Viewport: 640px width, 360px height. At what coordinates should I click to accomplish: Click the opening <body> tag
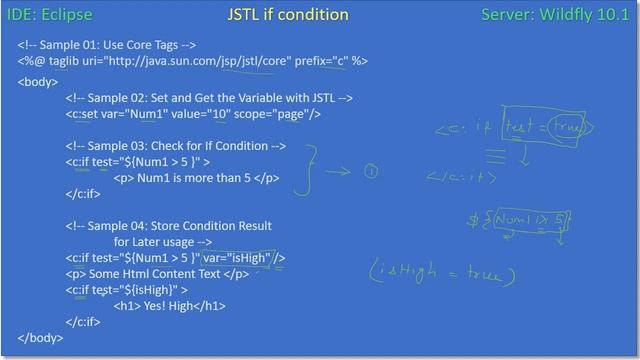tap(38, 81)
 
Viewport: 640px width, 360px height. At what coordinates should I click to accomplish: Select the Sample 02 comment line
tap(209, 98)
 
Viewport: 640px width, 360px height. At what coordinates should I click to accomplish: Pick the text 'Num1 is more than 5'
tap(195, 178)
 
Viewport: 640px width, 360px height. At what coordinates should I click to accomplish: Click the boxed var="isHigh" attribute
tap(244, 258)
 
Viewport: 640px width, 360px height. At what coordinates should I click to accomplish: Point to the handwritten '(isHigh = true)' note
tap(440, 273)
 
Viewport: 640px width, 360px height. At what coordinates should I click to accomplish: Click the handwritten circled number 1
tap(371, 172)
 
